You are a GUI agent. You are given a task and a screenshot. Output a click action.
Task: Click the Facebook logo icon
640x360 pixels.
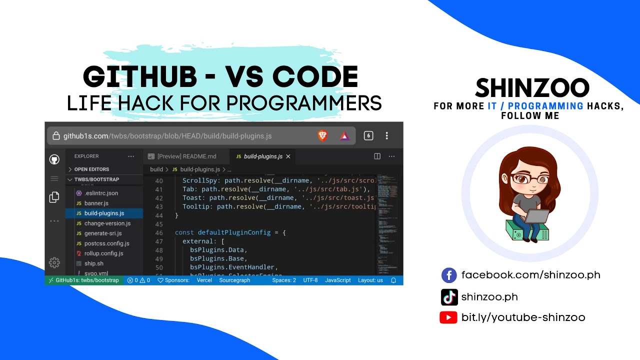449,275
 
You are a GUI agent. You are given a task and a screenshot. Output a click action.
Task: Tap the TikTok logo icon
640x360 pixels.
449,297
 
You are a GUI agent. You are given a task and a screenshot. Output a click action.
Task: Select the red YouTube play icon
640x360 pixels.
448,317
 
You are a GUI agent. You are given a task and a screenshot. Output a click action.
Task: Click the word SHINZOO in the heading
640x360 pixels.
532,88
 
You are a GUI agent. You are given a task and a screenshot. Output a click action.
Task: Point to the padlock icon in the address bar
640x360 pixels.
56,136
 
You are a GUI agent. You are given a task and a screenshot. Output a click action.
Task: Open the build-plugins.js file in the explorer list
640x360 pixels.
104,213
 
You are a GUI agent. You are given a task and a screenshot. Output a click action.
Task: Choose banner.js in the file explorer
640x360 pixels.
96,203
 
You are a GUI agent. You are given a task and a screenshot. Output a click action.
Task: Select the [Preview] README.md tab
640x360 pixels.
186,156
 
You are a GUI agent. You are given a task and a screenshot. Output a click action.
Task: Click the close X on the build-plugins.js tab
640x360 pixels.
288,156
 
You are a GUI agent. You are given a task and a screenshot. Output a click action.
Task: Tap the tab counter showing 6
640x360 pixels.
368,135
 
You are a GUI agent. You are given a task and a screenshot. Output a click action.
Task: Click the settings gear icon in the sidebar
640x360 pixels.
54,262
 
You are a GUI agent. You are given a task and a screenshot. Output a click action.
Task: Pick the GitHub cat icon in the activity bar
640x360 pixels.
54,159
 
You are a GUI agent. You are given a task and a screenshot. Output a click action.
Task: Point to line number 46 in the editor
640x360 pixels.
159,232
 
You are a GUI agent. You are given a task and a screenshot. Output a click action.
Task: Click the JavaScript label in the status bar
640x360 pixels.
337,280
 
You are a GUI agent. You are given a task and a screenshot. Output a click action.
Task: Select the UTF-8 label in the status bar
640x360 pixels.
310,280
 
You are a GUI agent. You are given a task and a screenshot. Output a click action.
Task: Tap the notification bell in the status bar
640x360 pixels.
393,280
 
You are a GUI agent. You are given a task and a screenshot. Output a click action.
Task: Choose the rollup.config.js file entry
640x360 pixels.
103,253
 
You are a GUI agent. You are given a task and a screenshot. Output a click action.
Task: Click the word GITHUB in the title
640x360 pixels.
140,77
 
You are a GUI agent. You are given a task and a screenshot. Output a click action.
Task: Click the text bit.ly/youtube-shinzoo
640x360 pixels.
523,317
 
